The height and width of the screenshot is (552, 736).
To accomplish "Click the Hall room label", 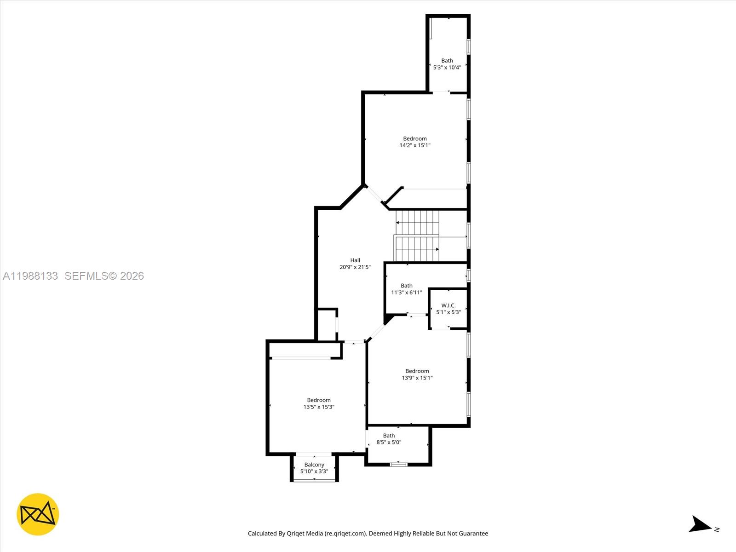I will tap(355, 260).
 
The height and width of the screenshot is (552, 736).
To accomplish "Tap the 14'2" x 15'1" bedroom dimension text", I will tap(415, 145).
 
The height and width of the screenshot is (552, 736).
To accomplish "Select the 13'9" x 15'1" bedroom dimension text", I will tap(417, 378).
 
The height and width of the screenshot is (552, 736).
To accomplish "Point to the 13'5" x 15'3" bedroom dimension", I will tap(318, 407).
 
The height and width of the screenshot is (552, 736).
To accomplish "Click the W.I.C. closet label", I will tap(448, 305).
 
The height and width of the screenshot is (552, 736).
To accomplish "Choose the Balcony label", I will tap(314, 465).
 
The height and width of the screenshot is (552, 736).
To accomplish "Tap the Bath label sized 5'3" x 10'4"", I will tap(447, 61).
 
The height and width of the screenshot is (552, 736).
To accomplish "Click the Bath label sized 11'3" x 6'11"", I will tap(407, 286).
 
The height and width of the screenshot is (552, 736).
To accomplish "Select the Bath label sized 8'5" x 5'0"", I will tap(389, 436).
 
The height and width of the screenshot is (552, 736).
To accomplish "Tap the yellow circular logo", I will tap(38, 514).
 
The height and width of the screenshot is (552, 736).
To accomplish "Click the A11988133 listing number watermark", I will tap(30, 276).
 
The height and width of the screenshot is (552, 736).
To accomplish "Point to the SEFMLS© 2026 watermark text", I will tap(104, 276).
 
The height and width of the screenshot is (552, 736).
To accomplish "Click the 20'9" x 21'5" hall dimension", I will tap(355, 267).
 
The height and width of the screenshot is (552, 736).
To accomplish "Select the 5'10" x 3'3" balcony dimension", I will tap(314, 471).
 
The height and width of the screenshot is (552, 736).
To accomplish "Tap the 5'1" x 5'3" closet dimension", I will tap(448, 312).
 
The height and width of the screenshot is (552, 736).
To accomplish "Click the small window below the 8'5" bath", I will tap(398, 465).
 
